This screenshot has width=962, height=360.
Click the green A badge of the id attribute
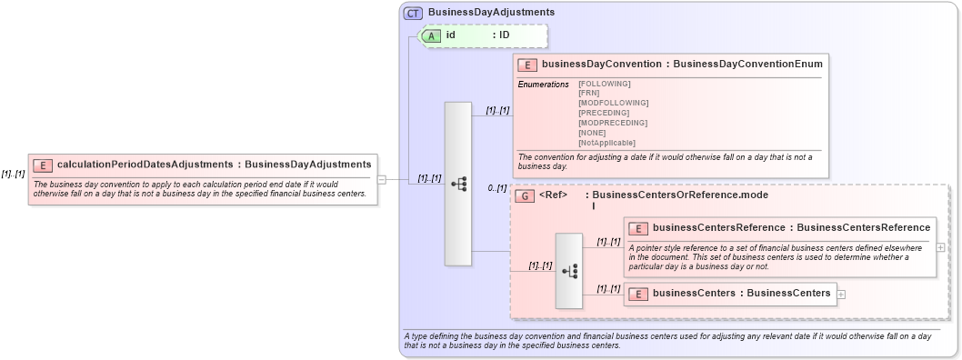pyautogui.click(x=432, y=35)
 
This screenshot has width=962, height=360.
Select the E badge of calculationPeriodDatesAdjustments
pyautogui.click(x=43, y=165)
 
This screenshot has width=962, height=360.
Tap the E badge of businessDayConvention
pyautogui.click(x=527, y=65)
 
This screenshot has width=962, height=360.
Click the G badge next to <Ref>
pyautogui.click(x=525, y=195)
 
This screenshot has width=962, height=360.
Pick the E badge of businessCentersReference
pyautogui.click(x=638, y=228)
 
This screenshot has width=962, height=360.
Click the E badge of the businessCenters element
pyautogui.click(x=638, y=294)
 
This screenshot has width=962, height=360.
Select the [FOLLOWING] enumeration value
pyautogui.click(x=604, y=84)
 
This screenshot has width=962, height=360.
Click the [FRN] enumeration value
pyautogui.click(x=589, y=93)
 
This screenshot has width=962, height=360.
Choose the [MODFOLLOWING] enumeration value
pyautogui.click(x=613, y=103)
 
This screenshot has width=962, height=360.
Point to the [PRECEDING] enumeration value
pyautogui.click(x=604, y=113)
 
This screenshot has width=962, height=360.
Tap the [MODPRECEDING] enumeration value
pyautogui.click(x=613, y=123)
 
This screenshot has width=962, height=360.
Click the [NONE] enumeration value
pyautogui.click(x=593, y=133)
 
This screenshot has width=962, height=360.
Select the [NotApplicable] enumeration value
pyautogui.click(x=606, y=143)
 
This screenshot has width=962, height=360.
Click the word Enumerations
pyautogui.click(x=543, y=84)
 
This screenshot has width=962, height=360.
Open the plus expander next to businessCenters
pyautogui.click(x=841, y=294)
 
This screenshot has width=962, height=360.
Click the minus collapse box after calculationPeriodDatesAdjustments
pyautogui.click(x=382, y=179)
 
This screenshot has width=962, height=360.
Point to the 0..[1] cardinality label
pyautogui.click(x=496, y=188)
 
